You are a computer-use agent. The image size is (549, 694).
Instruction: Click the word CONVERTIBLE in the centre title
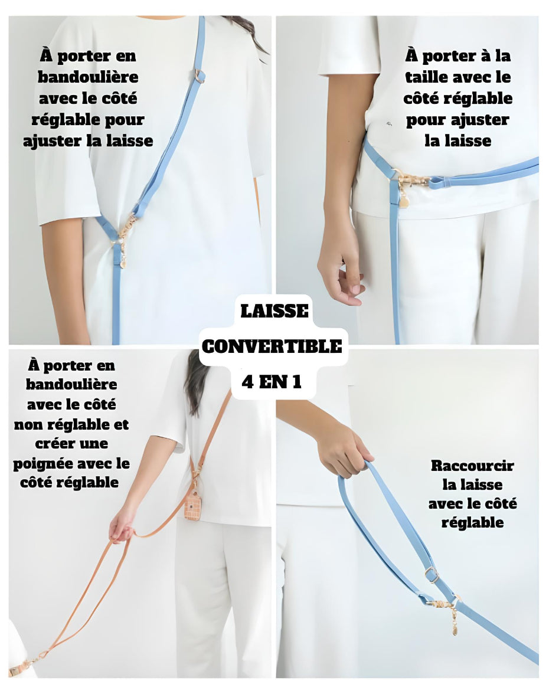[272, 346]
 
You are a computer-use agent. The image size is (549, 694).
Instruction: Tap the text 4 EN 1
[272, 381]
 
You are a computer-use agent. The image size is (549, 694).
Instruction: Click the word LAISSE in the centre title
[274, 311]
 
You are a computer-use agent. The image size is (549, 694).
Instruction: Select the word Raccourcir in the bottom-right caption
[472, 466]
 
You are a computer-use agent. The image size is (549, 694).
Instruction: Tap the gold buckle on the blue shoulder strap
[200, 76]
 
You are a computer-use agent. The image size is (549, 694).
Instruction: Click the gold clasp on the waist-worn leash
[411, 180]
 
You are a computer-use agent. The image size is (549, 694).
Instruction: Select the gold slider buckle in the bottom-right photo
[432, 575]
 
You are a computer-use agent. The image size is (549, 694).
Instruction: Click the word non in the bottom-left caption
[28, 425]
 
